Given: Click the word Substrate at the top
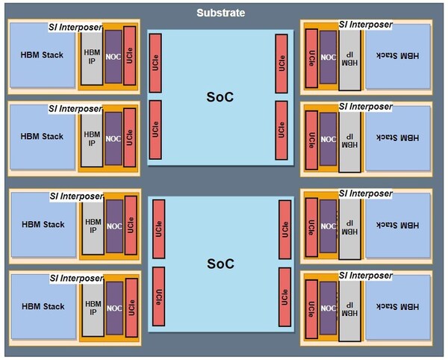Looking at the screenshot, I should [x=220, y=13].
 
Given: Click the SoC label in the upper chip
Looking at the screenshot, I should [x=220, y=97].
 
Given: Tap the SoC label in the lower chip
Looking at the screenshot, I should [x=220, y=264].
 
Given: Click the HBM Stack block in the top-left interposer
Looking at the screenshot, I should [x=42, y=55].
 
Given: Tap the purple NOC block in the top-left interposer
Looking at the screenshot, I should [x=113, y=55].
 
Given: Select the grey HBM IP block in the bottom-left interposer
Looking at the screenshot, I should [x=93, y=305].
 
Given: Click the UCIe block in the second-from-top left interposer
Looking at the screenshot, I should [x=131, y=137].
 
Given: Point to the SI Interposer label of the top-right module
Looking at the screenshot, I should [x=365, y=25].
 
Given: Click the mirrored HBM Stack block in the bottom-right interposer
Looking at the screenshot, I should [x=398, y=305].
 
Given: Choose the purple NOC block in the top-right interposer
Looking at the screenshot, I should [x=328, y=56].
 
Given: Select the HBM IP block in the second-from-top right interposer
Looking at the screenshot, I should [x=349, y=140].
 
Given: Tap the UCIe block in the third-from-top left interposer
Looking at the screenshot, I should [x=131, y=224].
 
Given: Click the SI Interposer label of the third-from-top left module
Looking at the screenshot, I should [x=75, y=196].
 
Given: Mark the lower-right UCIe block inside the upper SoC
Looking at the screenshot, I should [x=281, y=129].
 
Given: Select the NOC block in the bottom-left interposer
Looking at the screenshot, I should [x=113, y=306].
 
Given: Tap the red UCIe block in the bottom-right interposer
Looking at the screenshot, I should [x=311, y=307].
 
